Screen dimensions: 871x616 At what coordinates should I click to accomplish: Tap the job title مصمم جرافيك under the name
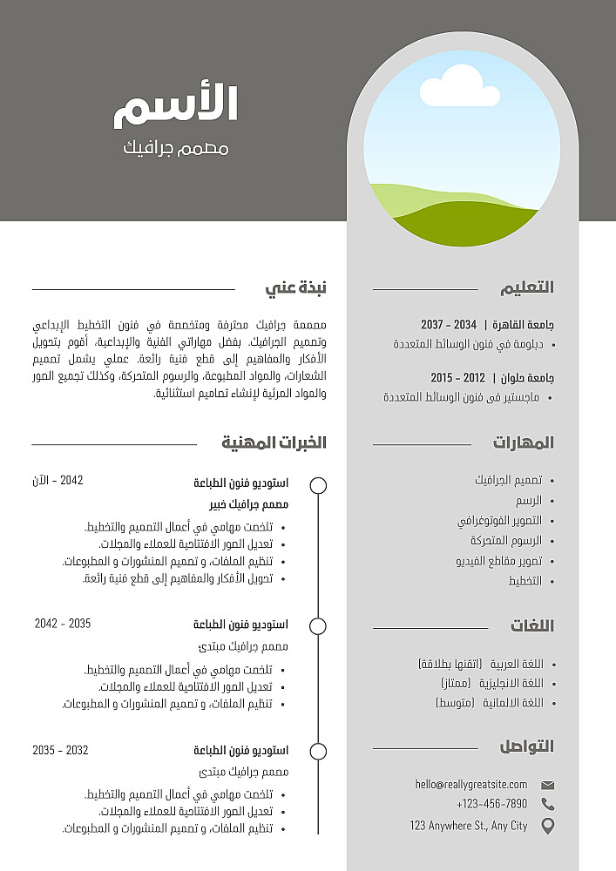point(176,148)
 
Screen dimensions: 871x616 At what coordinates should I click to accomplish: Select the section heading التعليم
point(527,287)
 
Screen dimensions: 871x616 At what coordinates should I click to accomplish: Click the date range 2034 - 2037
point(449,324)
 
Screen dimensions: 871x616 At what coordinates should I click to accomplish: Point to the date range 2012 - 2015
point(458,378)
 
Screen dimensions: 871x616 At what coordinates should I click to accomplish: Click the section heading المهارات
point(523,442)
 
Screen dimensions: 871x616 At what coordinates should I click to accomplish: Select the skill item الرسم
point(528,501)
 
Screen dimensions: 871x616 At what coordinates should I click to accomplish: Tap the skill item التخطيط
point(525,581)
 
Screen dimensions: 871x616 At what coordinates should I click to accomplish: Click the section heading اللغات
point(531,625)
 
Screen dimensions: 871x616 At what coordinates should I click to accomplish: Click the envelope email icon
point(547,785)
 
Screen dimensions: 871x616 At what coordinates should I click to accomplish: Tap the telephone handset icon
point(547,804)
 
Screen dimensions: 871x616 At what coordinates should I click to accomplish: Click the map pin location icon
point(547,826)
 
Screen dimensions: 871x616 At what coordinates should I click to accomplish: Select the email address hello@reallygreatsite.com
point(471,785)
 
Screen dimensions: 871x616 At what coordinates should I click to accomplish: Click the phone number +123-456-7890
point(491,804)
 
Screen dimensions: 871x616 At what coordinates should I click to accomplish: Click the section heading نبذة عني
point(295,287)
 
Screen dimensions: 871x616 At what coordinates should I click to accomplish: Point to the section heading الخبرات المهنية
point(274,442)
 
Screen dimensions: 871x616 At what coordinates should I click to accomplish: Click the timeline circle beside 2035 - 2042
point(318,626)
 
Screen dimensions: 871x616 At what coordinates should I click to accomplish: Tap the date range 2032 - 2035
point(60,750)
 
